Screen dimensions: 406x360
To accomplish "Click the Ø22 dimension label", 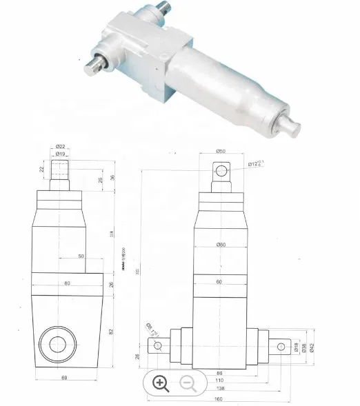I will coord(61,146).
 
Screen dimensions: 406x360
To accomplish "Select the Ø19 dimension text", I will coord(61,154).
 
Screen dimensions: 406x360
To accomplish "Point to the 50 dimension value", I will coord(81,256).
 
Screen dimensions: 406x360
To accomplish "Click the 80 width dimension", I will coord(68,283).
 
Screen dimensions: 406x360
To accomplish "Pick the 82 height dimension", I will coord(111,332).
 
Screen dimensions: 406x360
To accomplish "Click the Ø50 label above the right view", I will coord(221,151).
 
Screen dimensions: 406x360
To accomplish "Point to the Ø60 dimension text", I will coord(221,245).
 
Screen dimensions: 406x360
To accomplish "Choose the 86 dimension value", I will coord(219,372).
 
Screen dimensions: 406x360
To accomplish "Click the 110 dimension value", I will coord(219,380).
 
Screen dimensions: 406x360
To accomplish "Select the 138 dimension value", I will coord(219,389).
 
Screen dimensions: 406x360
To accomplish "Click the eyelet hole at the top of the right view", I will coord(221,170).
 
